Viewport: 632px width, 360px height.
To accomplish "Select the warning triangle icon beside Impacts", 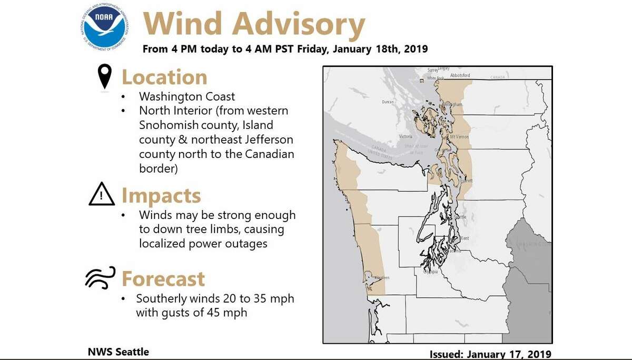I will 102,195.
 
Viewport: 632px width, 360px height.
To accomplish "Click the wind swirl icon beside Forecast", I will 100,278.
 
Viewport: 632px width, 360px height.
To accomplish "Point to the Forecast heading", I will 163,278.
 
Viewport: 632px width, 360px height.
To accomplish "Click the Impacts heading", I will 161,196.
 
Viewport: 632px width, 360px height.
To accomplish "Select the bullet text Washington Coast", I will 187,97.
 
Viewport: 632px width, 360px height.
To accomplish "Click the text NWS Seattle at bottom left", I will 118,352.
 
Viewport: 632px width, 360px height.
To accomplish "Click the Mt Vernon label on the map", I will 459,137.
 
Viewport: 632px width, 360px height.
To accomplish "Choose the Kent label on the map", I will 465,238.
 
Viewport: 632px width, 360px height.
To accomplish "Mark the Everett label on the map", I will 466,181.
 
